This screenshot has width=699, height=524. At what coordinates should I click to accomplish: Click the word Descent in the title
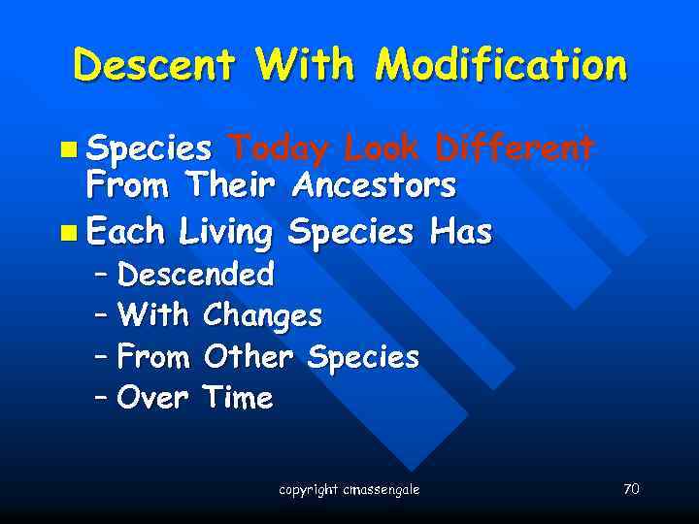click(x=153, y=66)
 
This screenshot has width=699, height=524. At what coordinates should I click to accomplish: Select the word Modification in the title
click(x=501, y=66)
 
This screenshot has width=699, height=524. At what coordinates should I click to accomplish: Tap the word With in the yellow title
click(x=304, y=66)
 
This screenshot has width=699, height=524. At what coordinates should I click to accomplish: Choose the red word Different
click(x=515, y=148)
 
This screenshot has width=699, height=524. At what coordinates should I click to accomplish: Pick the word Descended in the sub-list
click(x=195, y=275)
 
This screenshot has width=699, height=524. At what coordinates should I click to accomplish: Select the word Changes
click(x=263, y=316)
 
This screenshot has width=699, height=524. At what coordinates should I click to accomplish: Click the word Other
click(x=249, y=357)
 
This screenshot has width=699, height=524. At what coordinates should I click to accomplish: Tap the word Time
click(x=239, y=398)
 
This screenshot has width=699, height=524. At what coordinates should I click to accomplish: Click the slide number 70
click(x=631, y=489)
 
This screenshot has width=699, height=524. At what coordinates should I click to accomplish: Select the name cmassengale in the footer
click(x=381, y=490)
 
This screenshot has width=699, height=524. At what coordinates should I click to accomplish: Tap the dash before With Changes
click(x=102, y=316)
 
